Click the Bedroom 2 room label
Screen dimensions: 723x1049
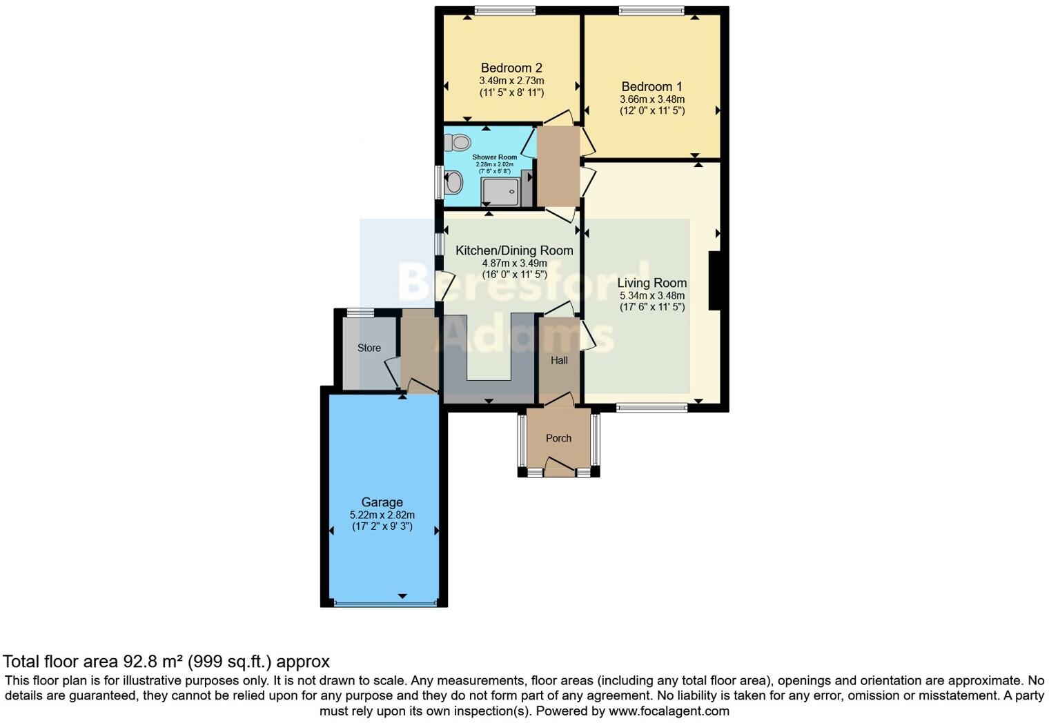(x=511, y=68)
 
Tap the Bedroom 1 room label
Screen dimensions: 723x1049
(x=651, y=86)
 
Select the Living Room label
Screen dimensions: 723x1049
(x=651, y=283)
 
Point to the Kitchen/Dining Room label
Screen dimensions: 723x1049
(x=514, y=250)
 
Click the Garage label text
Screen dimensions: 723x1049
(x=382, y=502)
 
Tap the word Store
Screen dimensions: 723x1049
(x=369, y=348)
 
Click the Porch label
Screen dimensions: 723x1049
(x=558, y=438)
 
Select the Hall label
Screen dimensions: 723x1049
(x=559, y=360)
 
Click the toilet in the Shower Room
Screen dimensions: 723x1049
(x=456, y=142)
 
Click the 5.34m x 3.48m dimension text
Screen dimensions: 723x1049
(x=651, y=295)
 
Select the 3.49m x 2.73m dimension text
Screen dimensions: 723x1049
(x=511, y=81)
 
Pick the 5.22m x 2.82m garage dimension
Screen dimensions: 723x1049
(x=382, y=515)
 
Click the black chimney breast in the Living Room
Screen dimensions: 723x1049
(x=714, y=281)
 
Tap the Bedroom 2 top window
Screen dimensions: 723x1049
(x=504, y=10)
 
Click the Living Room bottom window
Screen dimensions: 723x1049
(x=651, y=408)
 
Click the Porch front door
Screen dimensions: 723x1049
(x=559, y=468)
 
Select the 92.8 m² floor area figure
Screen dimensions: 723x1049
(x=153, y=662)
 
